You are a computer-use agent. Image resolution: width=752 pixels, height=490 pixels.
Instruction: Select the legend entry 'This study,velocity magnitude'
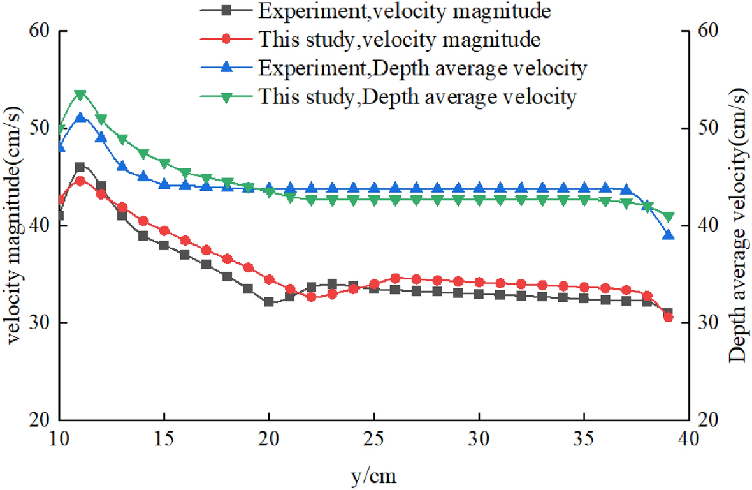tap(400, 40)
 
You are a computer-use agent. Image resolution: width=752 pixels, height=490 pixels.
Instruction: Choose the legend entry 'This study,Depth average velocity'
tap(417, 97)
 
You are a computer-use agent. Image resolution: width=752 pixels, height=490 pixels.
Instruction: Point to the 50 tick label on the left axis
tap(40, 128)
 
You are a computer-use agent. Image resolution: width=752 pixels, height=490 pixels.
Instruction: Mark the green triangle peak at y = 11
tap(80, 94)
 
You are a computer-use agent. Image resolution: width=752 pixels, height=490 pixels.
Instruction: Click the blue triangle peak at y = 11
tap(80, 117)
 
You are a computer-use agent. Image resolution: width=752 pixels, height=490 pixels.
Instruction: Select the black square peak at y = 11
tap(80, 167)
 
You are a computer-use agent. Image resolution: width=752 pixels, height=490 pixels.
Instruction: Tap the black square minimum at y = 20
tap(269, 302)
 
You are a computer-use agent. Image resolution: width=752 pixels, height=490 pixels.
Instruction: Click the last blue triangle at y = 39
tap(668, 235)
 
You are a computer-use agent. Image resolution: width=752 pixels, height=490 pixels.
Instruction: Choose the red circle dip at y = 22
tap(311, 297)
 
